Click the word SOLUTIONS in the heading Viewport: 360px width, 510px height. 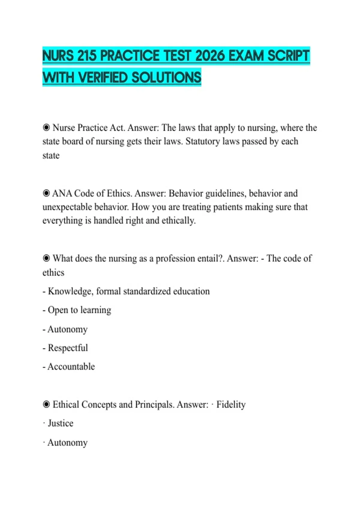[166, 77]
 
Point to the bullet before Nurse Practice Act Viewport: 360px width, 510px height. [46, 128]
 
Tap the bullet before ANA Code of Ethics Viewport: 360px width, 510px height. [46, 193]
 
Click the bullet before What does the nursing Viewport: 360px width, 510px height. [46, 258]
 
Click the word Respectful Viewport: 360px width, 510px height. [68, 348]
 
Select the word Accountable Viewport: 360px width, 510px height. [71, 367]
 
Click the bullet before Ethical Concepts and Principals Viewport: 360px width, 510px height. [46, 404]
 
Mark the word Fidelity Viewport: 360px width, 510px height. [231, 405]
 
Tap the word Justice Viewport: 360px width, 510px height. [61, 423]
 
